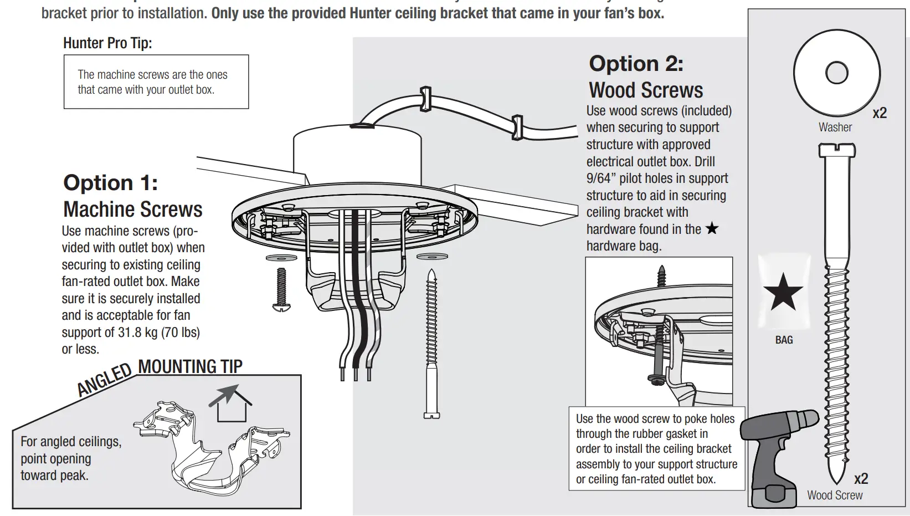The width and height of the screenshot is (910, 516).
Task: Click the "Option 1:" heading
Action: tap(111, 183)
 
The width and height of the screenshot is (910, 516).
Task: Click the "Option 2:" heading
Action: tap(636, 64)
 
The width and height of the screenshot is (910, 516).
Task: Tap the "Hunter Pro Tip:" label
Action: tap(107, 43)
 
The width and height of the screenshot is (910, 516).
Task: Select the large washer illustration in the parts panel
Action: tap(836, 73)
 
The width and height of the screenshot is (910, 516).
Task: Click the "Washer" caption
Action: tap(835, 127)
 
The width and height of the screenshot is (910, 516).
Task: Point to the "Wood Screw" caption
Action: tap(834, 495)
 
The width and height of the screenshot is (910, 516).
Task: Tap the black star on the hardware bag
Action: tap(783, 292)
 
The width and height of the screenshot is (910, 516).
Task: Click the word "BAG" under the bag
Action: tap(784, 340)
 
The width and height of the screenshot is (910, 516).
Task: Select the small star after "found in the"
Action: tap(712, 228)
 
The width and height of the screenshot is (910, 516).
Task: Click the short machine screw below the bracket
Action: tap(281, 288)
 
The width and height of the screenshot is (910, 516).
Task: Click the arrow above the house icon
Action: tap(224, 395)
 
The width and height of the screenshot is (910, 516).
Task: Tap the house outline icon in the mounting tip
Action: tap(233, 410)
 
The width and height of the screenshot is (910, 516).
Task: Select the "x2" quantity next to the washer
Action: tap(880, 113)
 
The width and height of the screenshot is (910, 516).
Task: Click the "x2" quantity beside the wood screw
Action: tap(861, 478)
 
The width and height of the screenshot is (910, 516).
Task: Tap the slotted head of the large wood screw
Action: tap(836, 150)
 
